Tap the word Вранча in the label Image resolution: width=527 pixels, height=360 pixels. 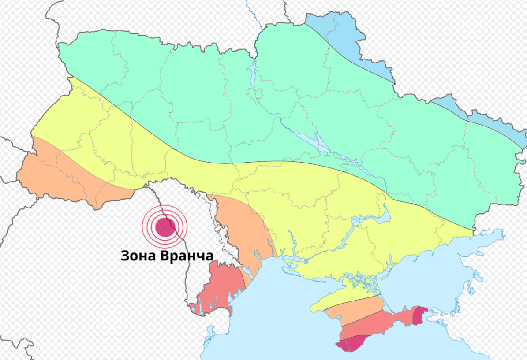coord(186,256)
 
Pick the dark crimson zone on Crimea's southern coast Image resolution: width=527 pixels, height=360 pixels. coord(352,343)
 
